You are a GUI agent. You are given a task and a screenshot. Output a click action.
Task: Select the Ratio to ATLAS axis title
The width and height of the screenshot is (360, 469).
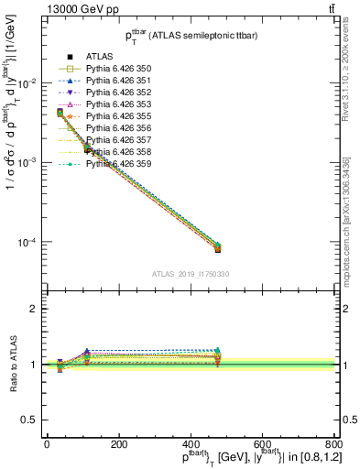point(10,364)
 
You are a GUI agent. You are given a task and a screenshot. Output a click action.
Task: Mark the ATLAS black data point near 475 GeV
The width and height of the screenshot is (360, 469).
point(217,249)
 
